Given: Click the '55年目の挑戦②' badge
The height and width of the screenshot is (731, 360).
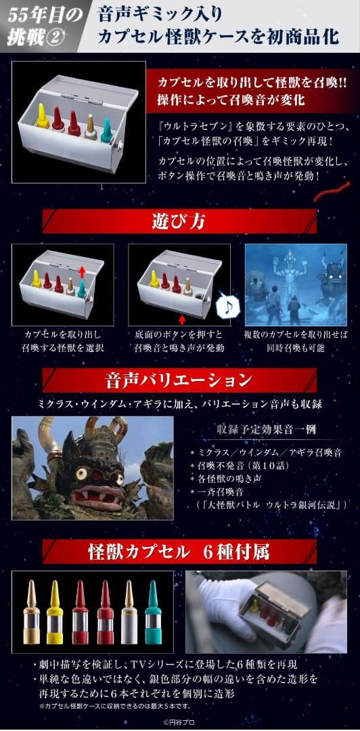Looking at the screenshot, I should point(37,25).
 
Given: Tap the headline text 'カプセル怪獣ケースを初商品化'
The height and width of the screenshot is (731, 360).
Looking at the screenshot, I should point(218,37).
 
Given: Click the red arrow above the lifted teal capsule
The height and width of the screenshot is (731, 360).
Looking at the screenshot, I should point(82,271).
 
